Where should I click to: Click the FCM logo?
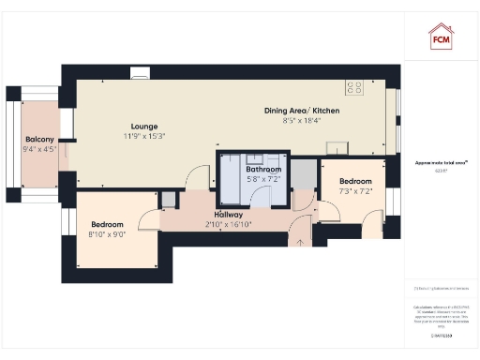441,37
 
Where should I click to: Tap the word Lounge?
144,127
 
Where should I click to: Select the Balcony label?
39,139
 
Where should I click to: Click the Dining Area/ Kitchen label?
301,111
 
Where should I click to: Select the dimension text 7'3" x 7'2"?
355,191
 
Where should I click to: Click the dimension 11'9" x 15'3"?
144,137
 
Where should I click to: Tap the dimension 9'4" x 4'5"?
39,149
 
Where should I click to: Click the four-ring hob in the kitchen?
355,87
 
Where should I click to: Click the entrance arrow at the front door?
300,240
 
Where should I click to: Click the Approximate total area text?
441,163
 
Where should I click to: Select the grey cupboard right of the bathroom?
303,173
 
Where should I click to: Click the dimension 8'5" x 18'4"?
301,121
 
